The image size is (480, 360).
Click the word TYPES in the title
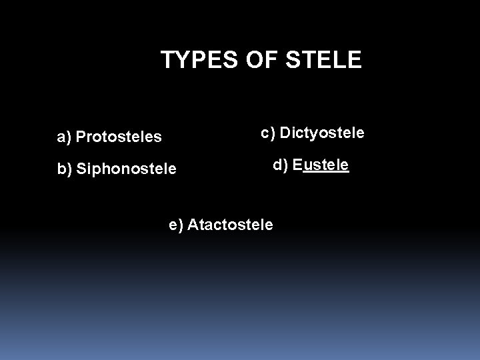coord(194,61)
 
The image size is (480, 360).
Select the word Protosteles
coord(119,137)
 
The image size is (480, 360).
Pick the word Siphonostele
coord(127,169)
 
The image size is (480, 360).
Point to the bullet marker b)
coord(65,169)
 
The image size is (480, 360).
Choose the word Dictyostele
coord(322,133)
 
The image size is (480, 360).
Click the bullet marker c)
coord(268,133)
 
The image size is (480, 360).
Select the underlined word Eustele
coord(321,165)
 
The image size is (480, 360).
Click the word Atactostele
coord(230,225)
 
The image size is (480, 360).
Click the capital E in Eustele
coord(297,165)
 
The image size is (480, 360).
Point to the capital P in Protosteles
coord(81,137)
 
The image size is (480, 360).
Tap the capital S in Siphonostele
coord(81,169)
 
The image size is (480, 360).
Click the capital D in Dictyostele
coord(285,133)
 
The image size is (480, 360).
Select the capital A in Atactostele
coord(193,225)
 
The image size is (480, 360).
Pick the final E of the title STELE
coord(355,61)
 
